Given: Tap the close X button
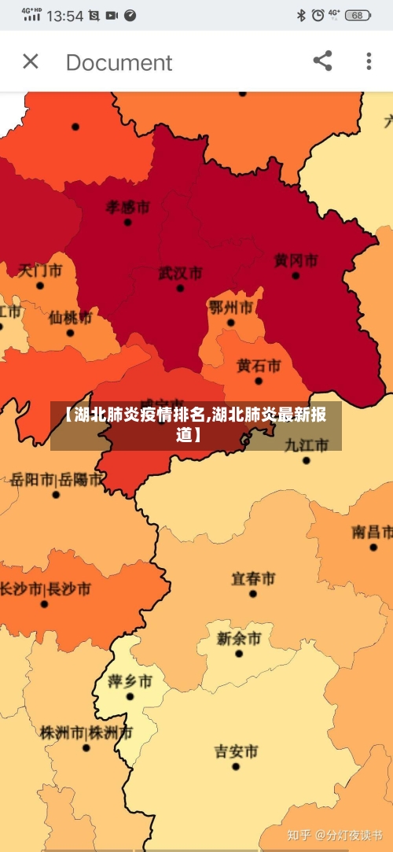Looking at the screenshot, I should (31, 61).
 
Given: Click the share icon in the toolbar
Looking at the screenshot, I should (322, 61).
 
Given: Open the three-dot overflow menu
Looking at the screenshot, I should (369, 61).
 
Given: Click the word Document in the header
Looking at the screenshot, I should (119, 62).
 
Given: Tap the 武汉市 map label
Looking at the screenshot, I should (180, 273).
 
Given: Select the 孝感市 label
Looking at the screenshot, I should (127, 207).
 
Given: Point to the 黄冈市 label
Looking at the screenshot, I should (296, 260).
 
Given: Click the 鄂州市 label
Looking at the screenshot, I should (230, 306).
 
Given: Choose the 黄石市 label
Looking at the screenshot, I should (259, 366).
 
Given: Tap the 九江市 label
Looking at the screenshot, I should (306, 444).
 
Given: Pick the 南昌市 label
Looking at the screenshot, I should (372, 532).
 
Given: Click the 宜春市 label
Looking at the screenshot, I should (253, 578).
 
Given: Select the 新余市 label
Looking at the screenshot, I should (239, 638).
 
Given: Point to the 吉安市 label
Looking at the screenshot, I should (237, 751).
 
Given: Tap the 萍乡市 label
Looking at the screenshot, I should (130, 680).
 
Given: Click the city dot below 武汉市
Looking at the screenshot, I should (180, 289).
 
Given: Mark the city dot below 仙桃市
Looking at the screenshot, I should (70, 333).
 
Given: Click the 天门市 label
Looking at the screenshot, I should (40, 271).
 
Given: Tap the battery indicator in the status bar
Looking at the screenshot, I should (358, 15).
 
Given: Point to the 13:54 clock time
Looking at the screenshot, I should (65, 15).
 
